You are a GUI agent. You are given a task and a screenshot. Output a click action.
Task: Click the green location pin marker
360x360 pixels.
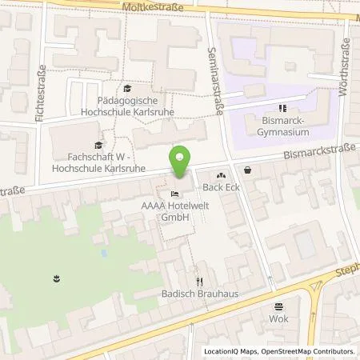click(182, 162)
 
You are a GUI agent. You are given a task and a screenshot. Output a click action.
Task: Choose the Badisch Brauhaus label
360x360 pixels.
click(200, 294)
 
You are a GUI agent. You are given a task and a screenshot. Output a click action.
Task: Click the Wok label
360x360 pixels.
click(279, 319)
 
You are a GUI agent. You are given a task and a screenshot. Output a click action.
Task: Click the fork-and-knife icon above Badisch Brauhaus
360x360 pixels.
click(200, 281)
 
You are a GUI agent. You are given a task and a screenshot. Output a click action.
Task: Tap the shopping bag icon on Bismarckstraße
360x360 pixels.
click(247, 170)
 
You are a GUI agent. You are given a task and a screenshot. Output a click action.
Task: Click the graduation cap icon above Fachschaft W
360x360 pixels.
click(98, 144)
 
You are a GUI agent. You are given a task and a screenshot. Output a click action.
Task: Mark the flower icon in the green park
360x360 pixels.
click(56, 278)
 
